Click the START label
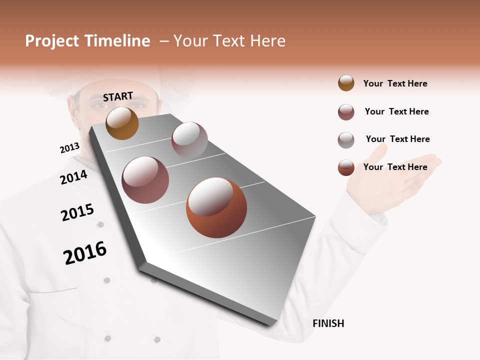pos(118,96)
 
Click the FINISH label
pos(328,323)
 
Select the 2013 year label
pos(69,148)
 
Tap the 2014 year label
pos(73,177)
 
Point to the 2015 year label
pos(77,212)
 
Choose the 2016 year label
pos(85,253)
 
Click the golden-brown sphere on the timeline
pos(122,123)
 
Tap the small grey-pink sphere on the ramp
pos(189,139)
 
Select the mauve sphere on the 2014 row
pos(145,179)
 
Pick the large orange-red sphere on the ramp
pos(216,207)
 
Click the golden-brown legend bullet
pos(346,83)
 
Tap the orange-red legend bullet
pos(346,167)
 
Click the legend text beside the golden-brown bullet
pos(395,83)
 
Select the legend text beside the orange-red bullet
pos(395,167)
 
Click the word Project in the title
pos(51,41)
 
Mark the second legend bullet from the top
pos(346,112)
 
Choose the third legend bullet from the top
pos(346,140)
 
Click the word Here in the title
pos(267,41)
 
